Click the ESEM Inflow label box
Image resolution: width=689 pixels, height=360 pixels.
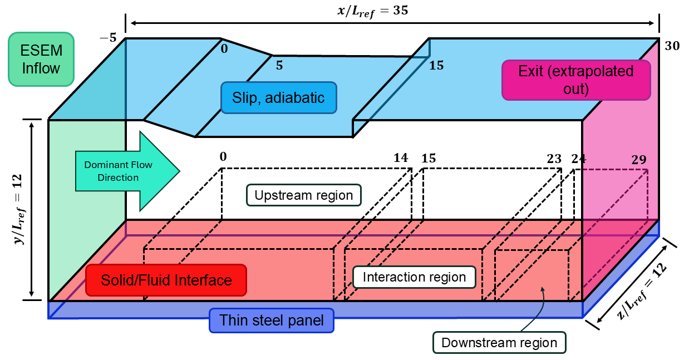tap(41, 59)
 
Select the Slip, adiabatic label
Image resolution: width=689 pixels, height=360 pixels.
tap(279, 98)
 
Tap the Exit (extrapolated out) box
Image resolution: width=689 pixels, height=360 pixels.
tap(576, 80)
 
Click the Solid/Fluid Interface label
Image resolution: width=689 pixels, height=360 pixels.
tap(166, 280)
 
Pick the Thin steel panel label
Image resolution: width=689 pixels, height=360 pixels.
tap(272, 320)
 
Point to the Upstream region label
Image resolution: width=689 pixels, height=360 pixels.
tap(304, 195)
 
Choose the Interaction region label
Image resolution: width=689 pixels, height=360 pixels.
tap(414, 277)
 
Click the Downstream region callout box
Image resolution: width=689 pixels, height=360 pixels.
tap(499, 343)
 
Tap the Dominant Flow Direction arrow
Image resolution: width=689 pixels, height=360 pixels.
tap(127, 171)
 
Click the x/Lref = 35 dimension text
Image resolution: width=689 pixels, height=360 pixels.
tap(373, 11)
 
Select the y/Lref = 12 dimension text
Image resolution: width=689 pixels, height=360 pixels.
tap(18, 209)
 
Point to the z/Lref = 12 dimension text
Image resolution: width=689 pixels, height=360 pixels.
tap(642, 291)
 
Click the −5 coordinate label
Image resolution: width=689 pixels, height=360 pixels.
tap(109, 38)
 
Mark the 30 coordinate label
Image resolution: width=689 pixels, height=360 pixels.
tap(672, 46)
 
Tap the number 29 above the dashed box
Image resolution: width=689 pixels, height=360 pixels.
tap(639, 160)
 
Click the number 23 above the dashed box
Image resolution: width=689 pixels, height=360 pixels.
tap(554, 159)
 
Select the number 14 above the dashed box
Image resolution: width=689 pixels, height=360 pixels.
tap(401, 158)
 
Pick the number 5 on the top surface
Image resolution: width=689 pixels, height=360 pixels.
tap(279, 66)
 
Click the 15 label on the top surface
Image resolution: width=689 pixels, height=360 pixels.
tap(436, 66)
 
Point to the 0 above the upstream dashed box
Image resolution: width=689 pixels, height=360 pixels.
tap(223, 157)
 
